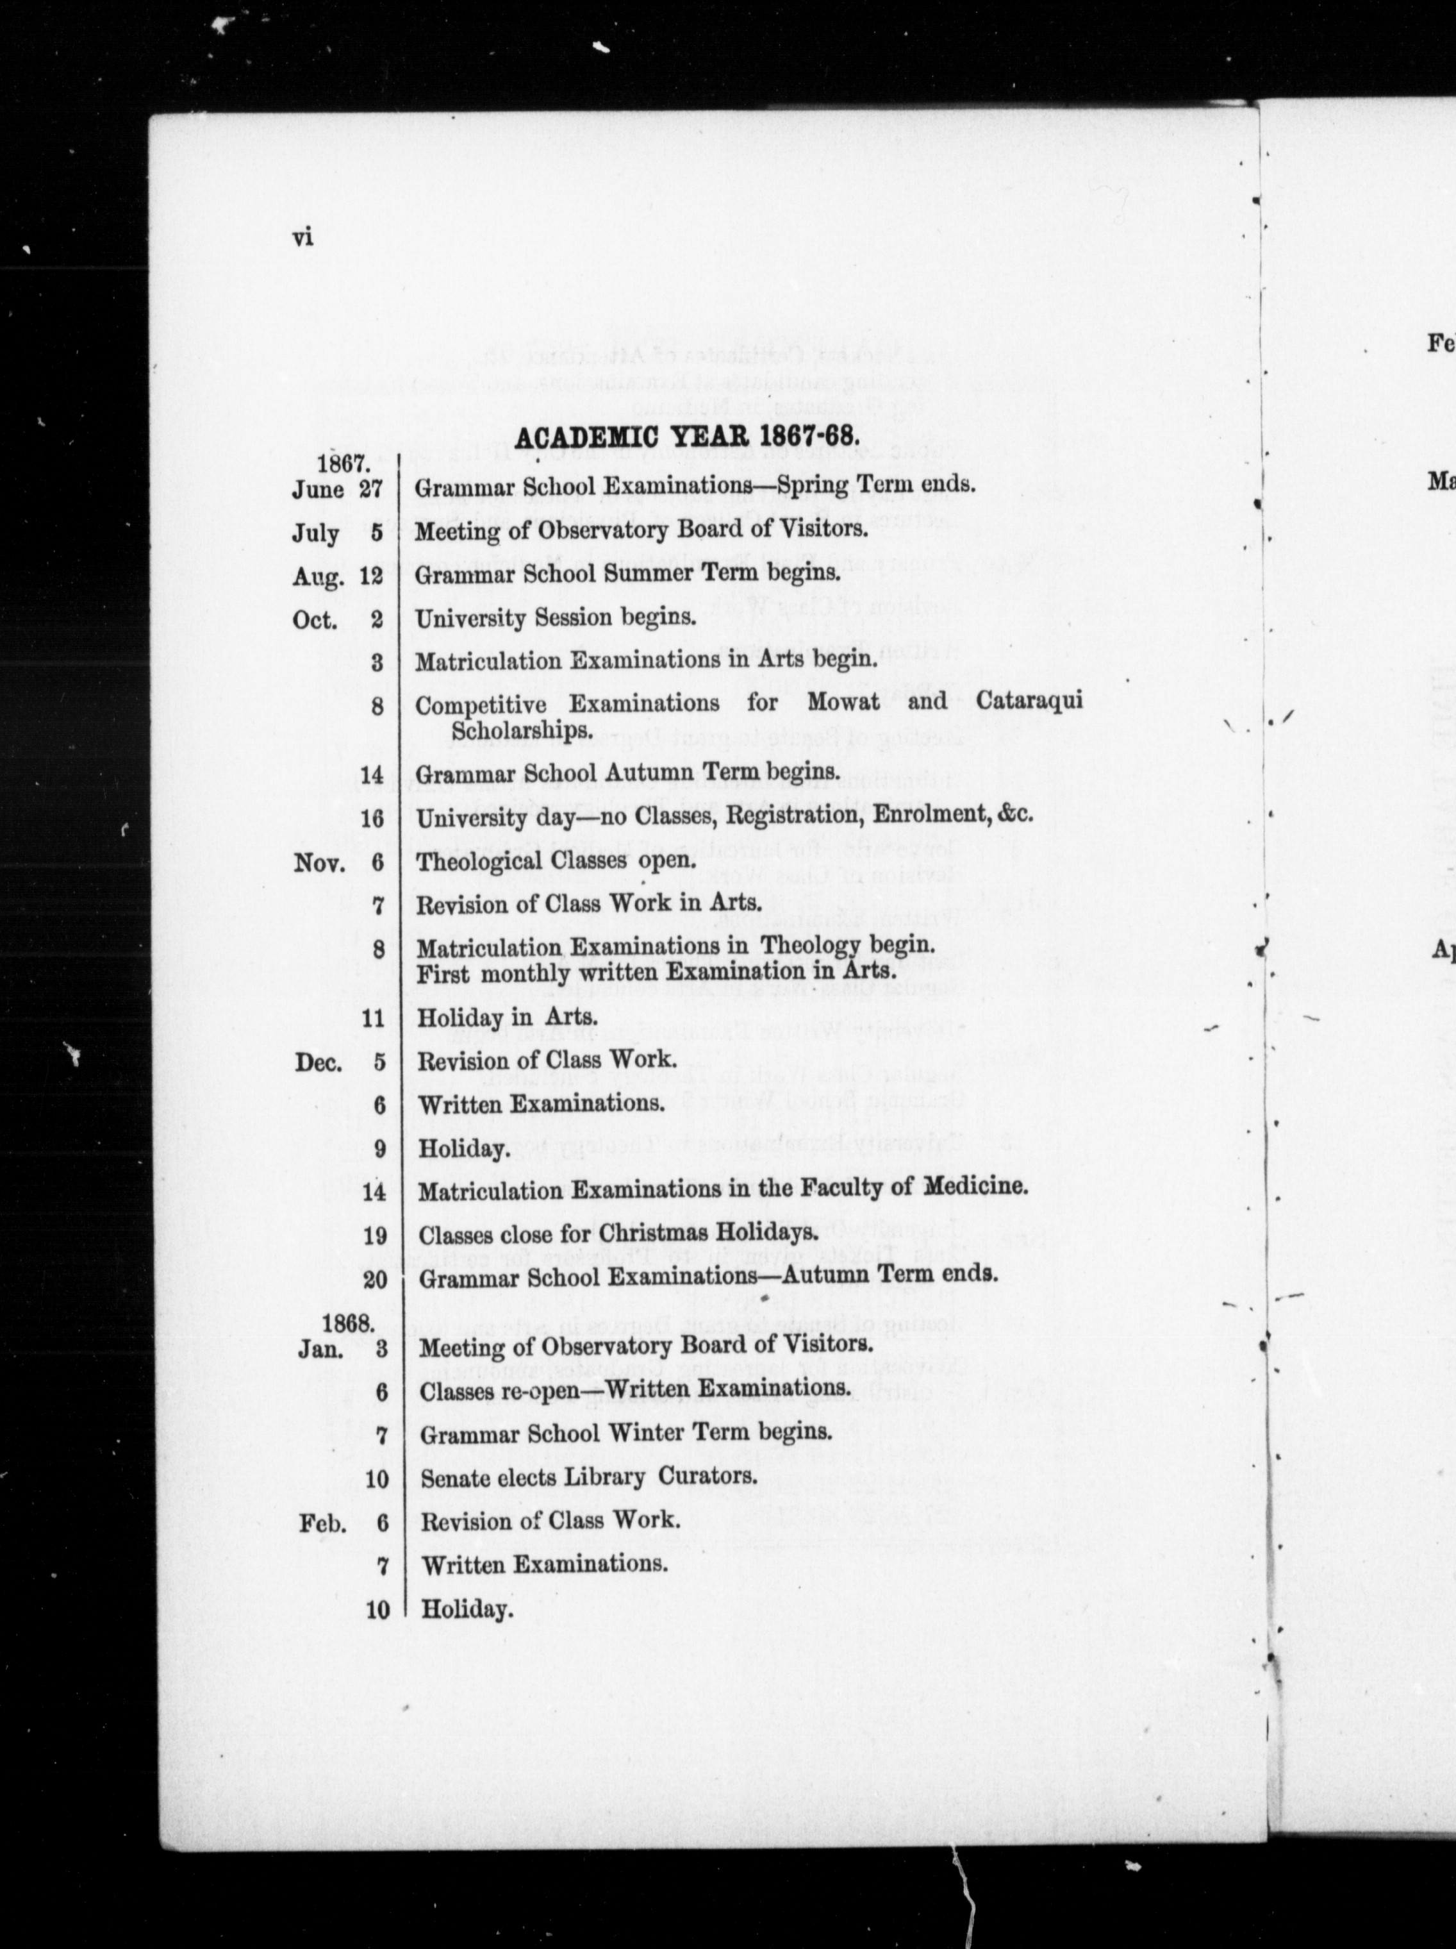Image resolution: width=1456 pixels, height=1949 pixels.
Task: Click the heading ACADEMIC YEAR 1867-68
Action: coord(686,438)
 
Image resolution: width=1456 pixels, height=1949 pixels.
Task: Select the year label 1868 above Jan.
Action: coord(348,1323)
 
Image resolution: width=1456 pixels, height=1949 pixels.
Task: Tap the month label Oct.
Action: coord(315,621)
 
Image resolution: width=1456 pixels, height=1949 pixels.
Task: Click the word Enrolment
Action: coord(931,814)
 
